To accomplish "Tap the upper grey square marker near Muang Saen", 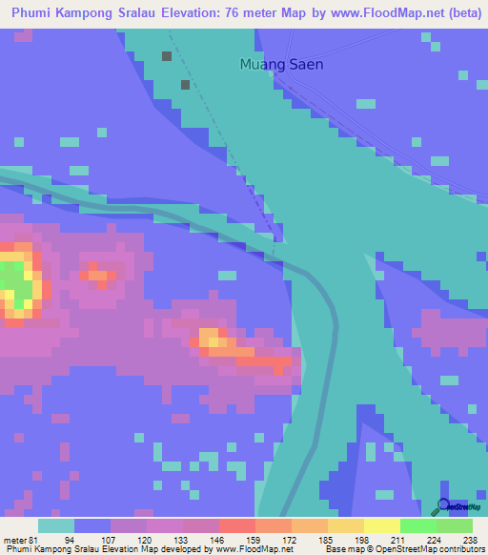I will point(167,56).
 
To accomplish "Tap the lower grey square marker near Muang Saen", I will point(185,85).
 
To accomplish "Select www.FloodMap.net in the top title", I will point(388,11).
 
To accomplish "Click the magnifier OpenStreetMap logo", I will point(442,507).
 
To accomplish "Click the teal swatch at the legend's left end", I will point(55,525).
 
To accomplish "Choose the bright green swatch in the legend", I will point(417,525).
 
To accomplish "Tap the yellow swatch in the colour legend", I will point(381,525).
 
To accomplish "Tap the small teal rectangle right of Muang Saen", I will point(367,101).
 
